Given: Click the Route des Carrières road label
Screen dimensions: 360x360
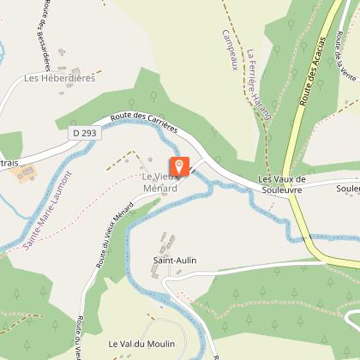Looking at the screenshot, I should point(144,122).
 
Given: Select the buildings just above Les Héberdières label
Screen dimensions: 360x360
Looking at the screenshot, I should point(77,66).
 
